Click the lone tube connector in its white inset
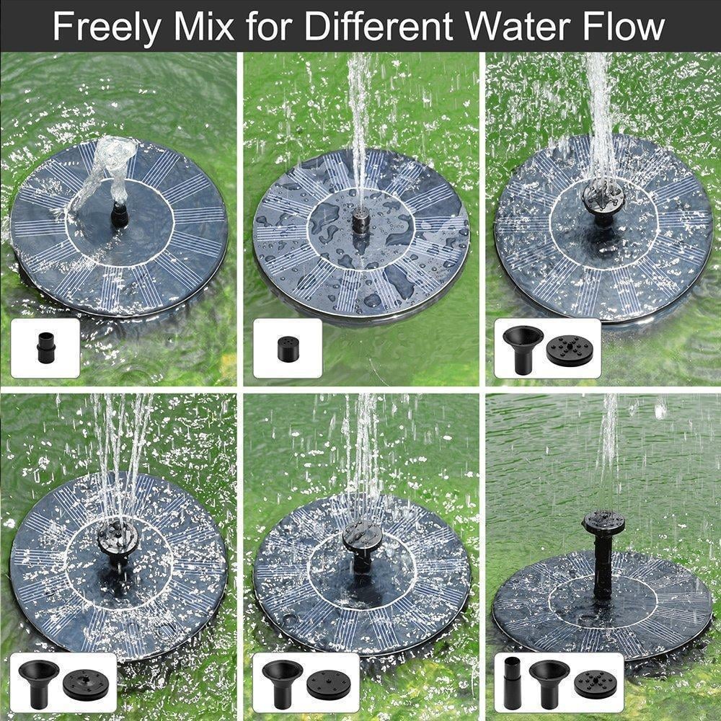[x=45, y=348]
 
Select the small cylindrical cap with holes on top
[x=288, y=349]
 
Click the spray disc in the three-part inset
[x=596, y=681]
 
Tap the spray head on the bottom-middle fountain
[x=358, y=537]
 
